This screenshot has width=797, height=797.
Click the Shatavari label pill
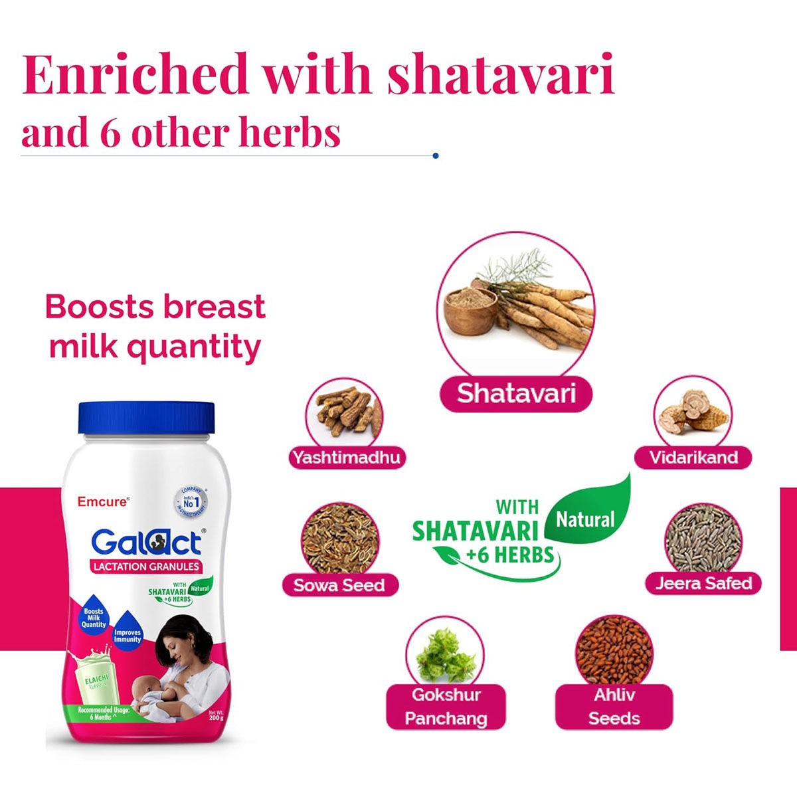tap(516, 394)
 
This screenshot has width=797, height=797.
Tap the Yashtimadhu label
tap(346, 457)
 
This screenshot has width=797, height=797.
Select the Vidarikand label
tap(693, 457)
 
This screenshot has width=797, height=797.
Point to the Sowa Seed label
tap(339, 585)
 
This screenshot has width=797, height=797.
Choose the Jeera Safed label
tap(703, 583)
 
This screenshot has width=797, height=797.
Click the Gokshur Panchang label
tap(446, 707)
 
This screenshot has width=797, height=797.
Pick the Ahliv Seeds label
tap(614, 707)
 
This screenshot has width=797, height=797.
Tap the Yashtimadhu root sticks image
tap(345, 413)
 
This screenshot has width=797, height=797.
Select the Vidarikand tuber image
tap(692, 412)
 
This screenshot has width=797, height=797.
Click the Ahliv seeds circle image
tap(614, 651)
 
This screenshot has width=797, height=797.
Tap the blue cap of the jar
tap(147, 419)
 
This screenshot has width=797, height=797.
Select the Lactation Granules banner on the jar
tap(145, 567)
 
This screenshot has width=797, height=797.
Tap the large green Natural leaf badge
tap(587, 515)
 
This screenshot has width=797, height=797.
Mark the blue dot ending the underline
tap(435, 155)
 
